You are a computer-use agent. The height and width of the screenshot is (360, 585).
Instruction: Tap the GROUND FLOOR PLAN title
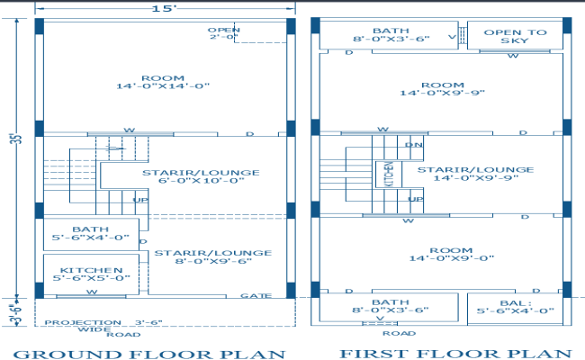[149, 353]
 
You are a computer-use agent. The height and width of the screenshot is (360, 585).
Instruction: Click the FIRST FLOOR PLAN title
[454, 353]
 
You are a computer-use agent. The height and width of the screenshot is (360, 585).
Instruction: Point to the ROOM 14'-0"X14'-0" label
[162, 81]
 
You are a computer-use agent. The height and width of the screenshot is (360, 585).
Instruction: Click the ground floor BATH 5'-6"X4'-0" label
[91, 235]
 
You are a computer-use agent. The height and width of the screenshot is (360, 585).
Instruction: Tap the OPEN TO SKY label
[515, 36]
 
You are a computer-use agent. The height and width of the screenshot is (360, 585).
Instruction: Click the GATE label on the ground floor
[256, 295]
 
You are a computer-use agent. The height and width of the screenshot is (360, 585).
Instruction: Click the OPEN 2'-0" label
[224, 34]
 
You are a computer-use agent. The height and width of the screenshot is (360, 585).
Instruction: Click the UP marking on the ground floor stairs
[140, 200]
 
